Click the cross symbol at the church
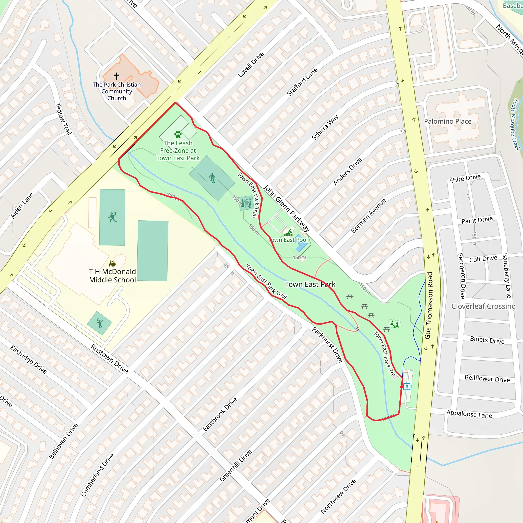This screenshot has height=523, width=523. tap(117, 76)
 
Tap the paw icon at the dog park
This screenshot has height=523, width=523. tap(178, 134)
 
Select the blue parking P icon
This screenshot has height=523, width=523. tap(407, 387)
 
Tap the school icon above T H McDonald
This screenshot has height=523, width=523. tap(112, 263)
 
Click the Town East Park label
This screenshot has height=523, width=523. tap(310, 284)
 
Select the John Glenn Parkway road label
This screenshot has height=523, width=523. tap(287, 208)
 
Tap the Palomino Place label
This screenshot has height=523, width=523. tap(447, 121)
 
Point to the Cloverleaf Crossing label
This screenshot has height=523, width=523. tap(483, 306)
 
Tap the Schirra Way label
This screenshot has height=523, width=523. tap(325, 127)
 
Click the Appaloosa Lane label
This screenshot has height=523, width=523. tap(469, 414)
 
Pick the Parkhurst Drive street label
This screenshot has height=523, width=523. tap(328, 344)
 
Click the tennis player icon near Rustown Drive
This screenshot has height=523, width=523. tap(100, 323)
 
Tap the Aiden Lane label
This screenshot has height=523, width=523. tap(22, 206)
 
